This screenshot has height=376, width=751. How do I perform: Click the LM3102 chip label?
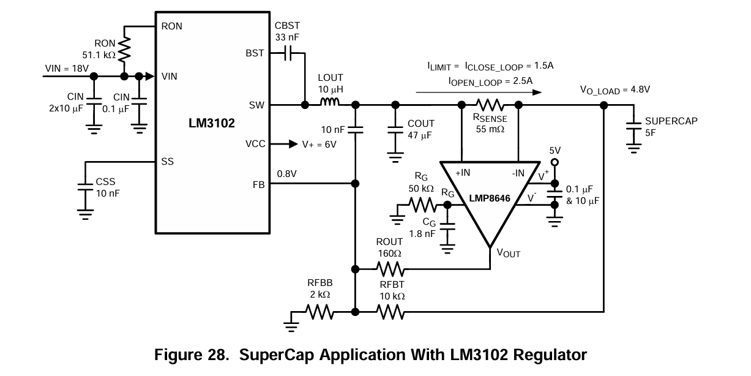coord(212,123)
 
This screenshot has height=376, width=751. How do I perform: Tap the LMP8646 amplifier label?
coord(490,199)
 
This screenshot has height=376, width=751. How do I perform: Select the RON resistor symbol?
coord(124,50)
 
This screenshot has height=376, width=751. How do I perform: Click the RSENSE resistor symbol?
coord(489,105)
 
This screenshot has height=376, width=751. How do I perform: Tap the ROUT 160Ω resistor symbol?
coord(390,269)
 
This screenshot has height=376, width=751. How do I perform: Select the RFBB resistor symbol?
coord(319,312)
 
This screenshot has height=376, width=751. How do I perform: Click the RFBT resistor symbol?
coord(390,312)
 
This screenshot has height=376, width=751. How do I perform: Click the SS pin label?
coord(167,162)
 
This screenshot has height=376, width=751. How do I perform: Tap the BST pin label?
coord(255,53)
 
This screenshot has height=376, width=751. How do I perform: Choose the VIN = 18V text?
coord(67,66)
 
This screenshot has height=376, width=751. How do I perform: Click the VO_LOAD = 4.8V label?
coord(615,90)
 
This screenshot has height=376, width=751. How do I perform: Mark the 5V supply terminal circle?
coord(555,162)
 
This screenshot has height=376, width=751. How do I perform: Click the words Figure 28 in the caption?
coord(189,355)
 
